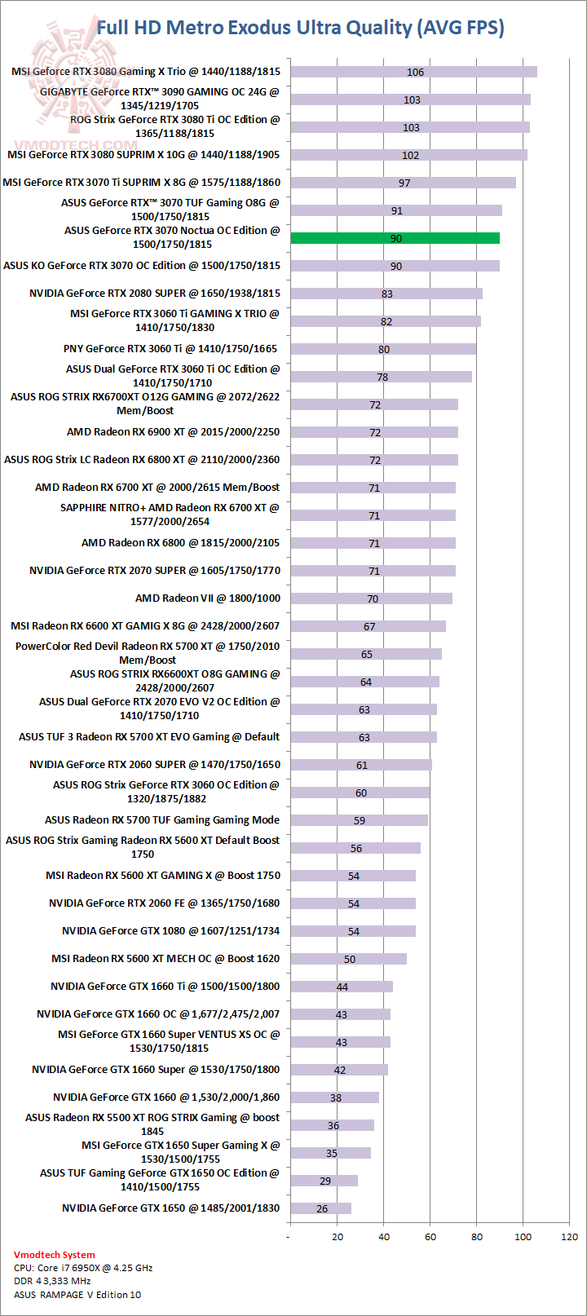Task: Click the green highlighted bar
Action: [395, 238]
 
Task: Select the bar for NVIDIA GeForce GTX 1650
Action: [320, 1208]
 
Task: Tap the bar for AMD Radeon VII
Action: [371, 598]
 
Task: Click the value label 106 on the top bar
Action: [415, 73]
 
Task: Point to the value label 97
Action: [404, 183]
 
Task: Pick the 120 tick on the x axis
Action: [570, 1237]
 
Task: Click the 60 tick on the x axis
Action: [430, 1237]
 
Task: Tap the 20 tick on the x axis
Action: [338, 1237]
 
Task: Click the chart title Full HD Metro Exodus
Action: [300, 28]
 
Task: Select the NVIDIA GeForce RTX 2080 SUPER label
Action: [155, 294]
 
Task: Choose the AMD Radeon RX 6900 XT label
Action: [173, 432]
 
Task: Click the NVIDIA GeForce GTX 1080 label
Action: [170, 931]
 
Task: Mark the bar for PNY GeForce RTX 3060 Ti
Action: [383, 349]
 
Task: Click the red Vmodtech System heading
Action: [54, 1255]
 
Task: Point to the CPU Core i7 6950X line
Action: [83, 1268]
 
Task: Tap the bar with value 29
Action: [324, 1181]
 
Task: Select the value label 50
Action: [349, 960]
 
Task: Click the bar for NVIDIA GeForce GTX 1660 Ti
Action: [342, 987]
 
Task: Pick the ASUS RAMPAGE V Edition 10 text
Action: [77, 1295]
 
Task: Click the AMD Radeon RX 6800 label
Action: [180, 543]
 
